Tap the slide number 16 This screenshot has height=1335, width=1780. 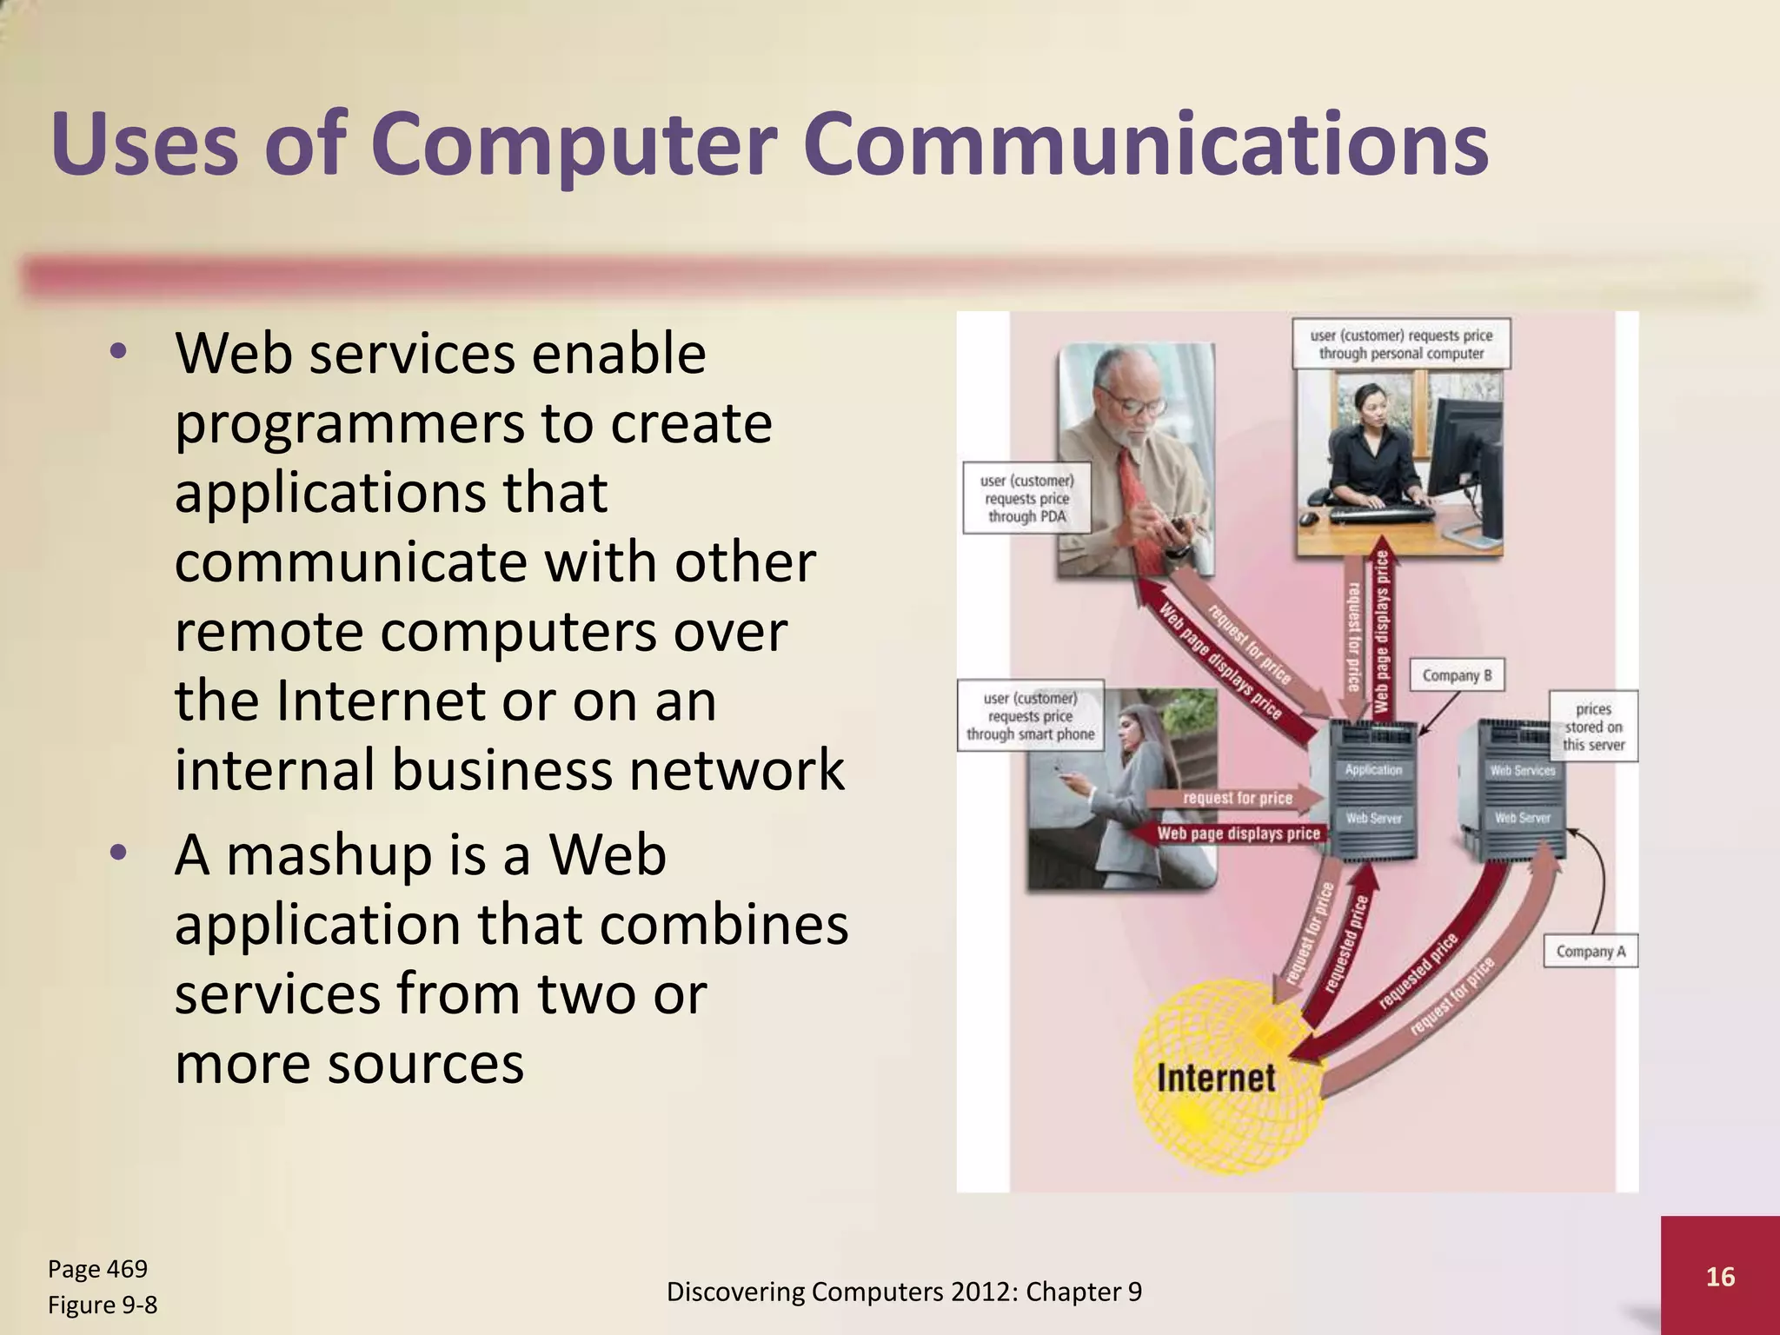(x=1720, y=1277)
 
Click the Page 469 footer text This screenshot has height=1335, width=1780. (x=97, y=1269)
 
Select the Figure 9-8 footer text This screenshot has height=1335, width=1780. (x=103, y=1305)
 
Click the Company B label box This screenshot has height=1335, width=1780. (x=1457, y=675)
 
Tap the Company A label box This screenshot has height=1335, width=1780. (x=1590, y=952)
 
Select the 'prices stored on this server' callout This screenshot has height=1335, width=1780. (x=1593, y=727)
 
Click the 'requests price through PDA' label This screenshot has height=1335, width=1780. (x=1026, y=498)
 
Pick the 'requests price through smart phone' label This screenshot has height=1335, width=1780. (x=1030, y=716)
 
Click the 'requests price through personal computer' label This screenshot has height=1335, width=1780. (x=1401, y=344)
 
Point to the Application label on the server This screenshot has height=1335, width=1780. (x=1373, y=770)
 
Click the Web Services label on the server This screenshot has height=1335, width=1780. (x=1522, y=770)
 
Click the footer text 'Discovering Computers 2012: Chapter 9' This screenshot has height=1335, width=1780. (x=904, y=1292)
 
